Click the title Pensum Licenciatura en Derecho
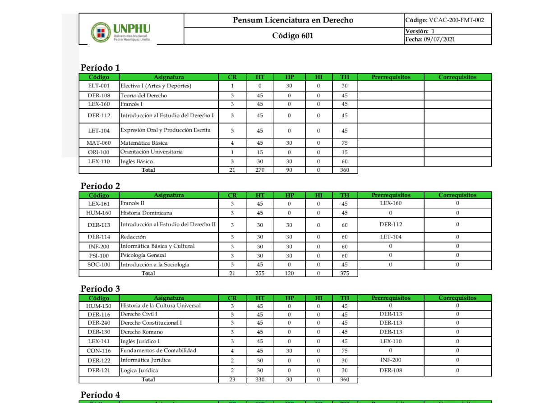[293, 20]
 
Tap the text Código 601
[293, 36]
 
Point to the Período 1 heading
[100, 68]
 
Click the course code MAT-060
[99, 143]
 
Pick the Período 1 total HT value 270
[260, 170]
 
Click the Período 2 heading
[100, 186]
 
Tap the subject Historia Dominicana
[147, 213]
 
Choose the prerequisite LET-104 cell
[391, 237]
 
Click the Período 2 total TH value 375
[345, 273]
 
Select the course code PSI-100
[99, 256]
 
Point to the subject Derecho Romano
[142, 332]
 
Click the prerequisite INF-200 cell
[391, 360]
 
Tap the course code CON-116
[99, 351]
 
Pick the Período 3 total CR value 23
[232, 380]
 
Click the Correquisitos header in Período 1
[457, 77]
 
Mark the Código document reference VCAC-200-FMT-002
[447, 20]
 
